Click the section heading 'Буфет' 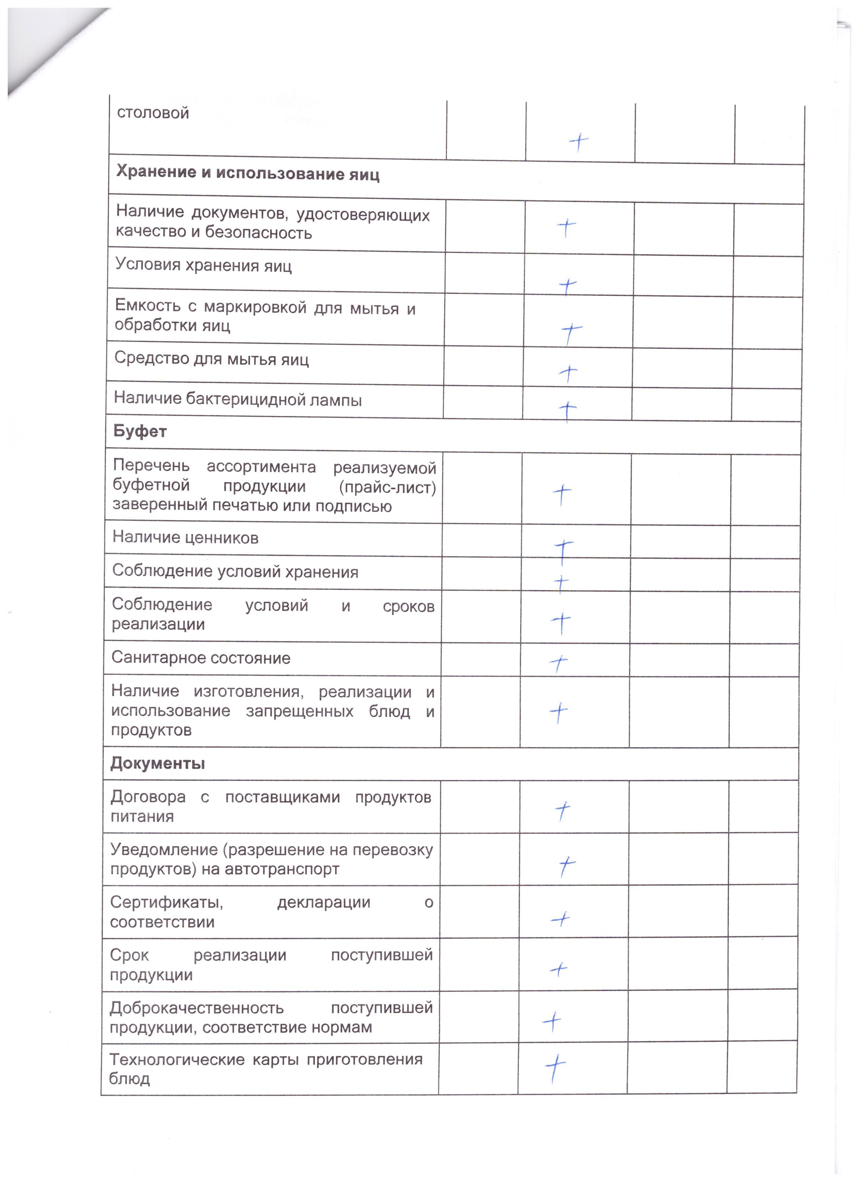tap(140, 431)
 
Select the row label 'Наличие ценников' tap(185, 537)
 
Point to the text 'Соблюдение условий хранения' tap(235, 572)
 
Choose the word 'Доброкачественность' tap(196, 1008)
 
